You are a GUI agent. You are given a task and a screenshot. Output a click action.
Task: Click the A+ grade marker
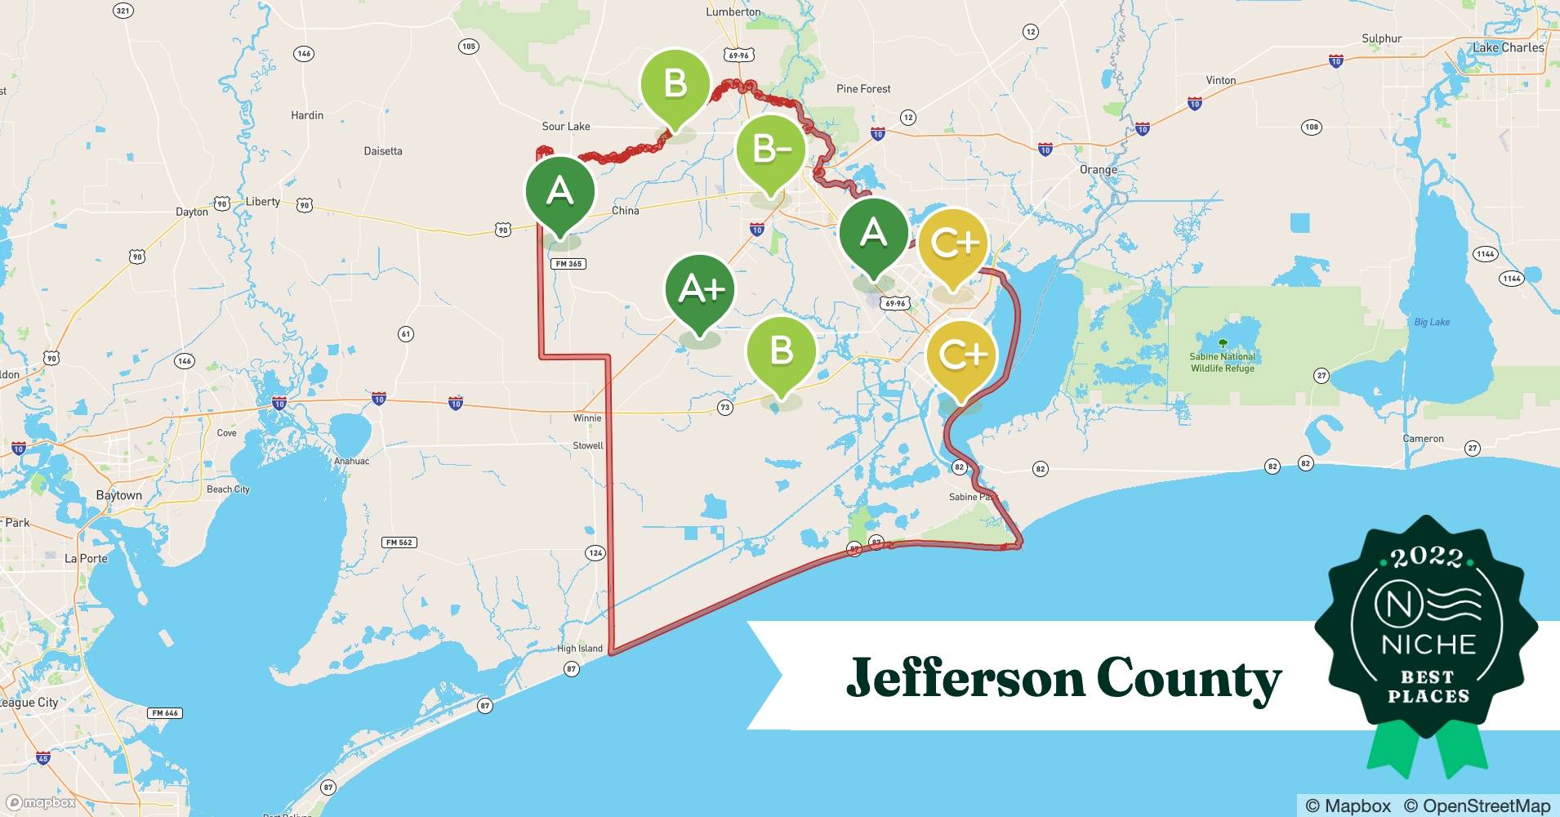click(700, 290)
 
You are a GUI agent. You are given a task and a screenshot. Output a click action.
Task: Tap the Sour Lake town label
click(566, 127)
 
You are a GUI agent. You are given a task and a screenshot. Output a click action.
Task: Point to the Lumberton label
click(733, 12)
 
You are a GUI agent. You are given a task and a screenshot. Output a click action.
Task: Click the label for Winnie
click(587, 418)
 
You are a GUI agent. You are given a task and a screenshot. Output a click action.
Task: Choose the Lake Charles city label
click(1508, 47)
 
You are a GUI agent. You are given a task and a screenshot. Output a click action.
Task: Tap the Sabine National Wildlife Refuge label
click(1222, 362)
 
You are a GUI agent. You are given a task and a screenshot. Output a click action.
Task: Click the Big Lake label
click(1432, 322)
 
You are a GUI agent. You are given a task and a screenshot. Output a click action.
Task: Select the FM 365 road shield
click(569, 264)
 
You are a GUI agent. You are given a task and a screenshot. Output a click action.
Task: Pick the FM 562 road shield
click(399, 542)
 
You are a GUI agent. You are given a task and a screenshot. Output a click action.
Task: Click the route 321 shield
click(123, 11)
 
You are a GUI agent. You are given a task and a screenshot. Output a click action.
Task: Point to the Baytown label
click(118, 495)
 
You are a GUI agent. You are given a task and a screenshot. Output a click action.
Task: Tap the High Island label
click(580, 649)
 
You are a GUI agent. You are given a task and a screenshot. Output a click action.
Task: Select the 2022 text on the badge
click(1427, 557)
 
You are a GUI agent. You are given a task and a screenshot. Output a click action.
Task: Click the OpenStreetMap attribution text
click(1477, 806)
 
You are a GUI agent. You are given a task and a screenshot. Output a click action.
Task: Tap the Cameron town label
click(1423, 439)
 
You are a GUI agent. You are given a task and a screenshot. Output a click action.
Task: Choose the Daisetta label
click(383, 151)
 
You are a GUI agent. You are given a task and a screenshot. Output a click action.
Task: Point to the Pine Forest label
click(863, 89)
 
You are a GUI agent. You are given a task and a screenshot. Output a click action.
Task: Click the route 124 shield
click(595, 553)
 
